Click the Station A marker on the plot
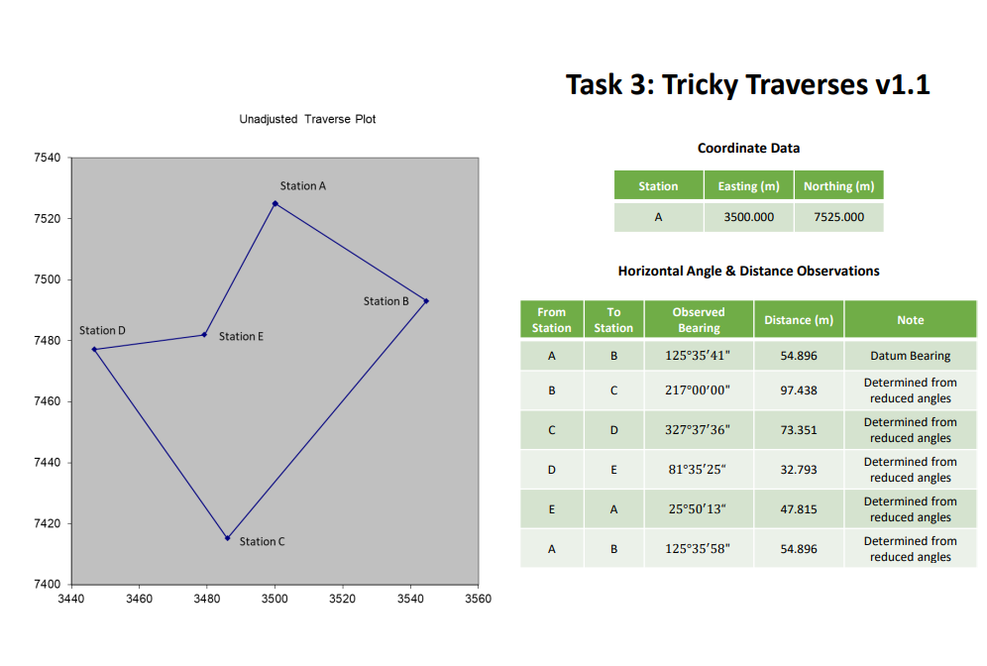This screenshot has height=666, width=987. point(274,203)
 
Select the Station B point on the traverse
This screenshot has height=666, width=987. point(426,300)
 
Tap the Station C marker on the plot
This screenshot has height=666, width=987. point(227,538)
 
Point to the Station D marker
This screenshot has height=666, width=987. point(93,349)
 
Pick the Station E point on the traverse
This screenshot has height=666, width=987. point(204,334)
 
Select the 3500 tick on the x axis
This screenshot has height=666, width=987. point(274,599)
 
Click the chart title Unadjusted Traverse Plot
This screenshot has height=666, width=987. point(307,119)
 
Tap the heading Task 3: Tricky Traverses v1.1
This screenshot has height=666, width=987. point(747,85)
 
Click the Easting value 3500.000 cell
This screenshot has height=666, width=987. point(748,217)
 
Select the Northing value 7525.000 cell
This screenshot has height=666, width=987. point(838,217)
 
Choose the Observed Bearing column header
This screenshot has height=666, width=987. point(698,319)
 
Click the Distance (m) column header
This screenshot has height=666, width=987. point(799,320)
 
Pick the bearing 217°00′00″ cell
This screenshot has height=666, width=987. point(698,390)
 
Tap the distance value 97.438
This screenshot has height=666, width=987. point(799,390)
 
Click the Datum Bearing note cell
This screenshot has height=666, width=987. point(910,356)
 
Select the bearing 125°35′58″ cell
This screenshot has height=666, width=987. point(698,548)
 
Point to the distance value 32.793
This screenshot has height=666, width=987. point(799,470)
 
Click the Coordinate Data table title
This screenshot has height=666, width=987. point(748,148)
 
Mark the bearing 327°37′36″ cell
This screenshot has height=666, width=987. point(698,430)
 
